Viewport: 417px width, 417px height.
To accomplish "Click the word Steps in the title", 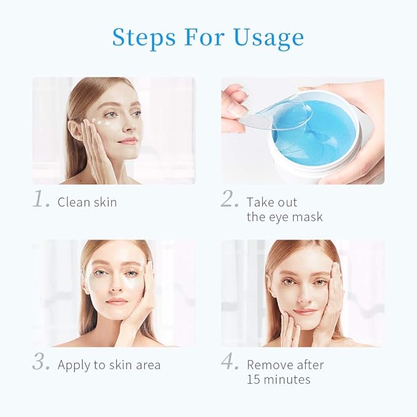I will (144, 37).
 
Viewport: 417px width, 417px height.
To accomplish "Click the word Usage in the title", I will (268, 38).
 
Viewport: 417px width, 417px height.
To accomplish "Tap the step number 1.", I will (41, 201).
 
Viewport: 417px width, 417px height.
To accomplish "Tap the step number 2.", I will (230, 201).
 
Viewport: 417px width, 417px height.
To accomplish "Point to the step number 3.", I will (41, 363).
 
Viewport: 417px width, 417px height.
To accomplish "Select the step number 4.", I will (230, 363).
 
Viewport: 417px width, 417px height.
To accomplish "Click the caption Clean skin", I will (87, 201).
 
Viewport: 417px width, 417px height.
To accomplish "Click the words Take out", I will (272, 201).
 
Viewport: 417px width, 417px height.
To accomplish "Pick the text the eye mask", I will (284, 217).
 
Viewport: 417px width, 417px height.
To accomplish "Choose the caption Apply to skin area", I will (109, 365).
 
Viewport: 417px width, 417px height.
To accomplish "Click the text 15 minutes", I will (278, 379).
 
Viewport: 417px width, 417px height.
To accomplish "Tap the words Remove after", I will (285, 364).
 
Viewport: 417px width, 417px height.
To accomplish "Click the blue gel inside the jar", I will (325, 132).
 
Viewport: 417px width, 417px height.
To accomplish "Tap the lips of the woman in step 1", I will (127, 141).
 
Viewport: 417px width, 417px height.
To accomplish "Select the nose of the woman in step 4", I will (304, 293).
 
